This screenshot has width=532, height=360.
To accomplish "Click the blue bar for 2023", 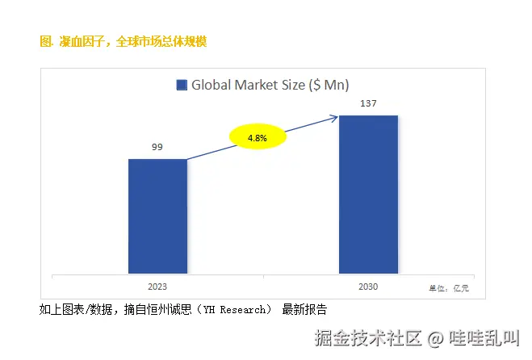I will [x=157, y=216].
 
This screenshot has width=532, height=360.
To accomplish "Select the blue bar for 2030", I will [x=368, y=194].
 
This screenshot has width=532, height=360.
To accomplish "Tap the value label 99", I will [x=157, y=147].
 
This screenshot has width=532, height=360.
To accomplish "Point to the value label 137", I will [x=368, y=104].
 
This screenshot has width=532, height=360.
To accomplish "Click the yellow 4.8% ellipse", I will [x=258, y=138].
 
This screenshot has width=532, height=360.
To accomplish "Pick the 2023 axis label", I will [x=157, y=287].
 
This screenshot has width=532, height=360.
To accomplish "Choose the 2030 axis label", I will [x=367, y=287].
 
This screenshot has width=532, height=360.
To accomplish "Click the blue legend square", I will [x=182, y=85].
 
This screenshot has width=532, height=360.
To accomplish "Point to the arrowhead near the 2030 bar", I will [x=333, y=119].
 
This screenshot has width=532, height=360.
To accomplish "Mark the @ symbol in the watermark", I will [x=435, y=339].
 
